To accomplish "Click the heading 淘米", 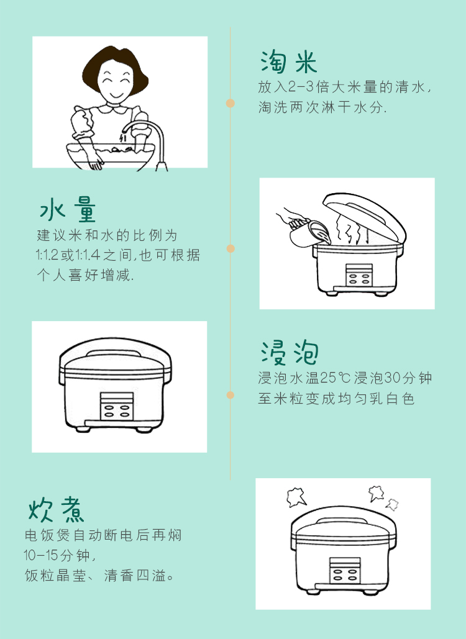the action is point(289,62).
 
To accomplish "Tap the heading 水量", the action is point(68,209).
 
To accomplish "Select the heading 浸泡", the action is point(290,353).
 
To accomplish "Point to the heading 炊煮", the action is point(57,509).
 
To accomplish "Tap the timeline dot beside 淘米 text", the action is point(231,103).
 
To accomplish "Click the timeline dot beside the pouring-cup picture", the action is point(231,248).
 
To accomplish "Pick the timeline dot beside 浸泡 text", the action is point(231,395).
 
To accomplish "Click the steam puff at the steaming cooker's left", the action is point(296,497).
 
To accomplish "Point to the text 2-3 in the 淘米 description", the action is point(301,87).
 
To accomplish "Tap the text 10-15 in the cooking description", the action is point(41,555).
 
